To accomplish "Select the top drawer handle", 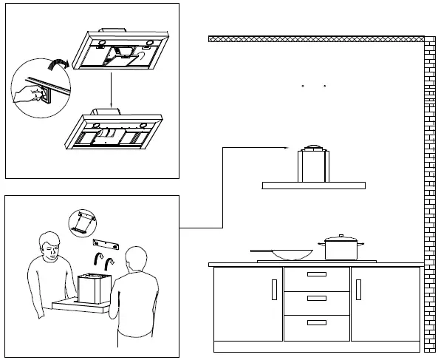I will coord(316,274).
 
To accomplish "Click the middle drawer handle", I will coord(316,299).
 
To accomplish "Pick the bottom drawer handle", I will coord(316,323).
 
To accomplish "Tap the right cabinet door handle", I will coord(358,289).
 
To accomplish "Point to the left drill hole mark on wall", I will coord(304,87).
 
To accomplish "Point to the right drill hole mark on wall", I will coord(325,87).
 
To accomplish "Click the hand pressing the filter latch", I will coord(30,93).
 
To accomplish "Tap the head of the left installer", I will coord(48,244).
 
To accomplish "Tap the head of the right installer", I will coord(137,261).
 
